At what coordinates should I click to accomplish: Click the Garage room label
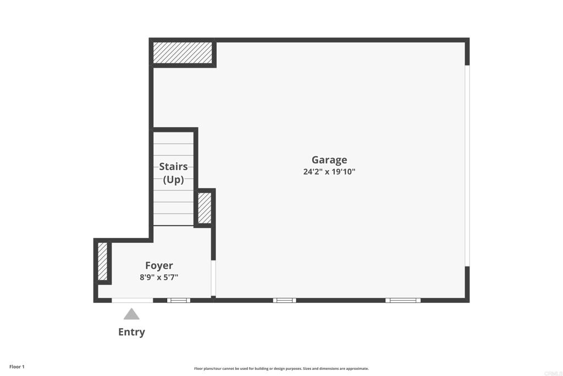pyautogui.click(x=329, y=160)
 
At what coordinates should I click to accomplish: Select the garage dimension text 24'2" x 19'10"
pyautogui.click(x=329, y=172)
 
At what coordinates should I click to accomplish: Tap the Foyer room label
pyautogui.click(x=159, y=265)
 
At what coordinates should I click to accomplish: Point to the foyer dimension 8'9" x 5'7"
pyautogui.click(x=159, y=277)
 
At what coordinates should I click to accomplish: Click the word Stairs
pyautogui.click(x=173, y=166)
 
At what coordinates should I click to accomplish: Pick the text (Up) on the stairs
pyautogui.click(x=173, y=179)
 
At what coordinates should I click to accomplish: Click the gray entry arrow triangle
pyautogui.click(x=131, y=314)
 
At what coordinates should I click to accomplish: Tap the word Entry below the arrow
pyautogui.click(x=131, y=332)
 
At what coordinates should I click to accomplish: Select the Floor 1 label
pyautogui.click(x=17, y=367)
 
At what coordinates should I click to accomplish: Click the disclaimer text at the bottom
pyautogui.click(x=281, y=369)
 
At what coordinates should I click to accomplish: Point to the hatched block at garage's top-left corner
pyautogui.click(x=183, y=52)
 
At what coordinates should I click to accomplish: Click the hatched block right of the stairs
pyautogui.click(x=204, y=208)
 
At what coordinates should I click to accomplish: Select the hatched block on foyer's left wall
pyautogui.click(x=102, y=261)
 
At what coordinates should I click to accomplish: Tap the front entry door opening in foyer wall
pyautogui.click(x=132, y=300)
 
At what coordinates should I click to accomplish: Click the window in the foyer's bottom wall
pyautogui.click(x=178, y=300)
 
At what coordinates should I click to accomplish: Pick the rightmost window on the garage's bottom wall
pyautogui.click(x=402, y=300)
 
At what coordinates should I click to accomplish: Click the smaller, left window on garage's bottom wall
pyautogui.click(x=284, y=300)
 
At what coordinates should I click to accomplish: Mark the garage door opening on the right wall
pyautogui.click(x=467, y=165)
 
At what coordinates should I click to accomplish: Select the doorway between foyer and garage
pyautogui.click(x=213, y=278)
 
